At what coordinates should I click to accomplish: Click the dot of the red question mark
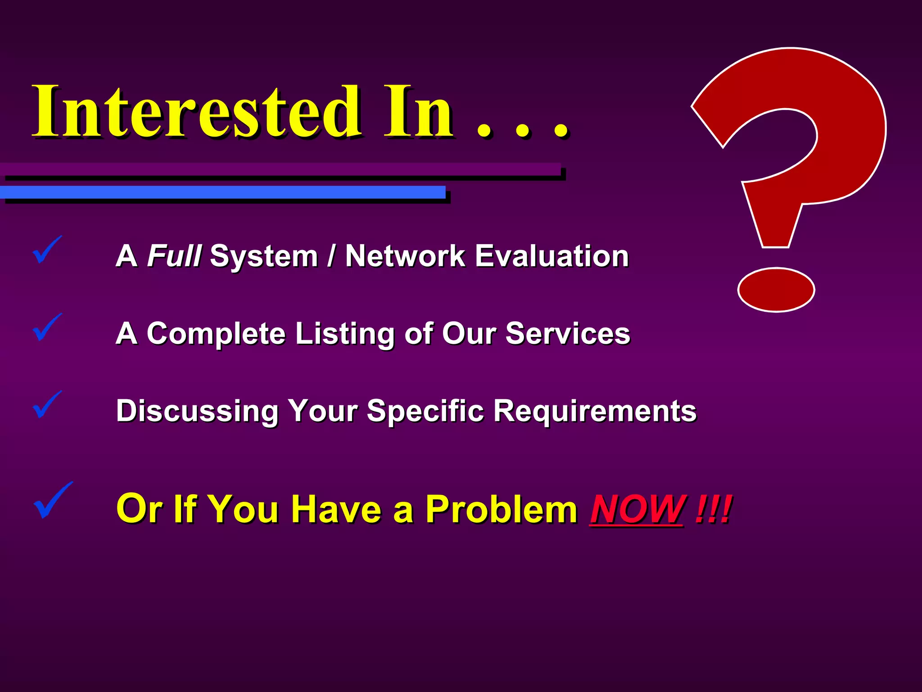(776, 290)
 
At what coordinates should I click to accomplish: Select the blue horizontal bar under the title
(222, 192)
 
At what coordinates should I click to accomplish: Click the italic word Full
(174, 256)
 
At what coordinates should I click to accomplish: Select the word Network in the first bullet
(405, 256)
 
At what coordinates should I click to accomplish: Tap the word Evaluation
(552, 256)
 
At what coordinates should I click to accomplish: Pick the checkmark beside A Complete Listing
(46, 327)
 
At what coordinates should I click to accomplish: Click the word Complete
(216, 334)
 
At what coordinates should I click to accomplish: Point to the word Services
(568, 334)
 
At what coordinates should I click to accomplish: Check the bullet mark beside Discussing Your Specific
(46, 405)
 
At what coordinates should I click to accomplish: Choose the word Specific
(425, 411)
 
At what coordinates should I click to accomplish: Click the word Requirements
(595, 411)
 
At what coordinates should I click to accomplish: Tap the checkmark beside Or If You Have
(52, 500)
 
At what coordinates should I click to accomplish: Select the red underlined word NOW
(637, 510)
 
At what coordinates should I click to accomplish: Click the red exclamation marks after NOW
(713, 510)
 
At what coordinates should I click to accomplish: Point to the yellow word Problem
(501, 510)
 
